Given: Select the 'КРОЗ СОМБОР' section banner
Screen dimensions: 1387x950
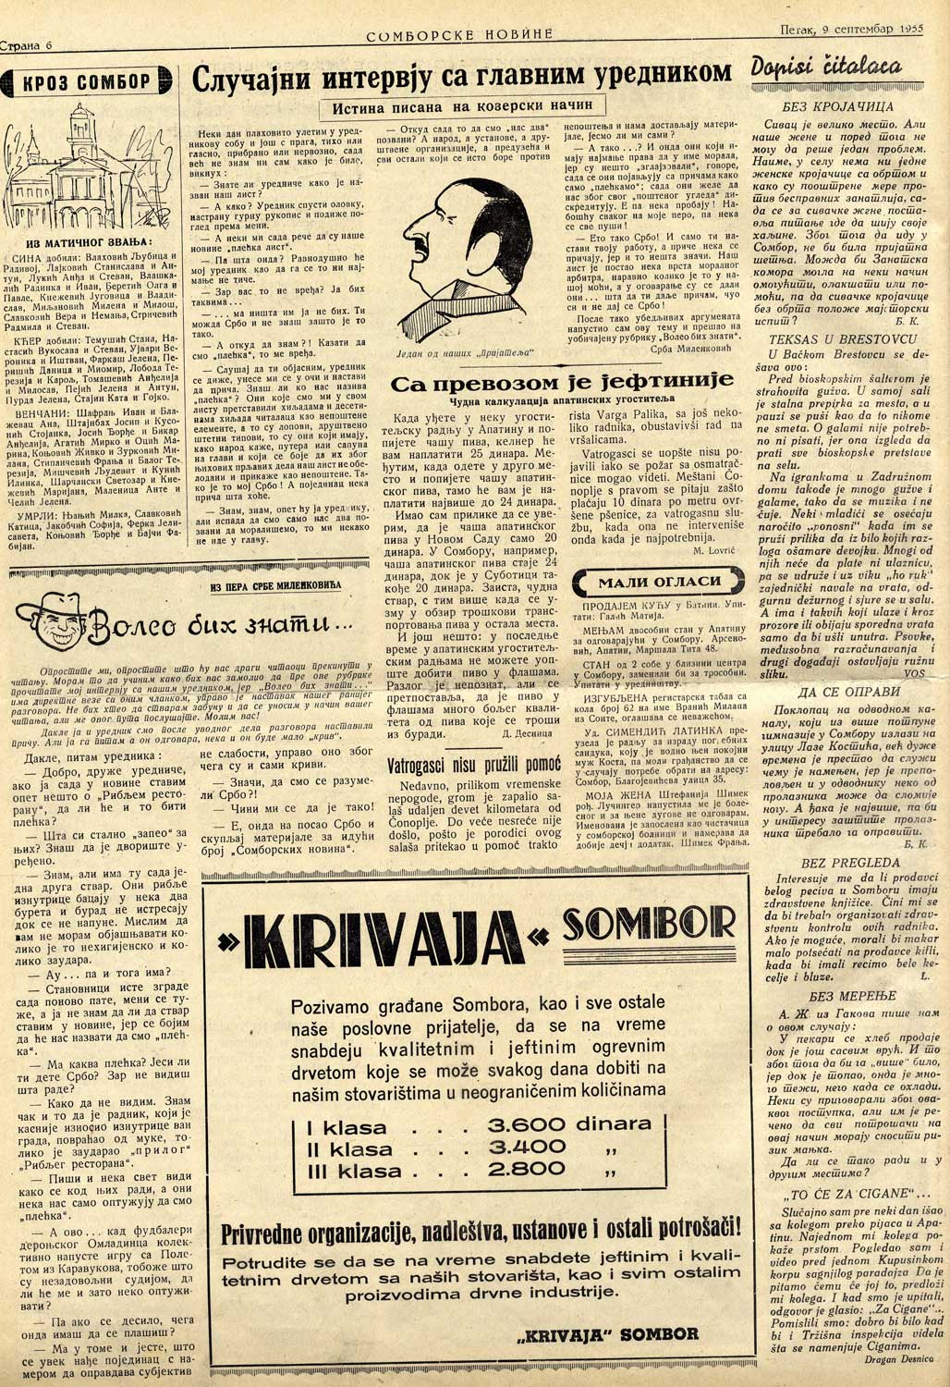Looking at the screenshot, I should pyautogui.click(x=87, y=82).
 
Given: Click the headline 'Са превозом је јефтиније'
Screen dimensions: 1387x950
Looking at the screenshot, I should pyautogui.click(x=562, y=382).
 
